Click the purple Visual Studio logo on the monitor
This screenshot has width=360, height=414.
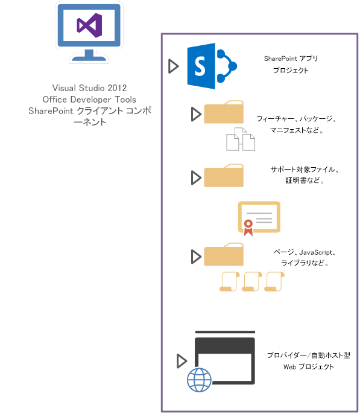click(x=89, y=25)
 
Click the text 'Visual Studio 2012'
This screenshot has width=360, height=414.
click(x=89, y=88)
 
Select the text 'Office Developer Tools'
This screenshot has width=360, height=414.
click(x=89, y=99)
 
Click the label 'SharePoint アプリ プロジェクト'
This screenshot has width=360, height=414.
click(x=291, y=65)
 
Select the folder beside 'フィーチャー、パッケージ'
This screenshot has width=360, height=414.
click(x=224, y=113)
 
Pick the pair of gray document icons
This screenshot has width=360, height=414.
click(x=240, y=139)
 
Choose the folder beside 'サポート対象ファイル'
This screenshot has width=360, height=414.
click(x=224, y=176)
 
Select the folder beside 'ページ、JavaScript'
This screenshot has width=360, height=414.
click(x=224, y=255)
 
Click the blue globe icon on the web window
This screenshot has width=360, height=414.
click(x=200, y=380)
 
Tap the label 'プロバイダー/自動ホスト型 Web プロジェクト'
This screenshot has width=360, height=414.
click(x=300, y=361)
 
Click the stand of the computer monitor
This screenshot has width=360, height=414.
click(x=89, y=56)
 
